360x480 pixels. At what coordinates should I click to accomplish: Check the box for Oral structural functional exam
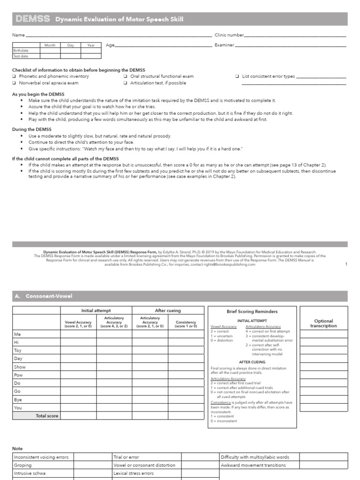click(x=126, y=76)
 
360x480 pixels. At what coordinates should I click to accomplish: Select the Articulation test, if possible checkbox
click(x=126, y=83)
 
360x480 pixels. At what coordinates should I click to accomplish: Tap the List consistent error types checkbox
click(x=237, y=76)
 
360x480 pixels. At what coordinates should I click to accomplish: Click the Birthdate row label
click(x=21, y=51)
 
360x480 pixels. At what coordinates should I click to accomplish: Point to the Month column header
click(x=50, y=45)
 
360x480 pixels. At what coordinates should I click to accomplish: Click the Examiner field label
click(x=224, y=45)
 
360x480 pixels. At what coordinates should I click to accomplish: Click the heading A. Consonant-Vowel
click(x=44, y=296)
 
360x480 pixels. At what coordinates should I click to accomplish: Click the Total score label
click(x=47, y=416)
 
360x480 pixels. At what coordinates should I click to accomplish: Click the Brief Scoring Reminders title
click(x=252, y=311)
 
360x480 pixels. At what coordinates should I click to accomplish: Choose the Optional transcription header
click(x=323, y=323)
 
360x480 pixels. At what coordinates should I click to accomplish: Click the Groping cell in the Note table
click(x=23, y=465)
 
